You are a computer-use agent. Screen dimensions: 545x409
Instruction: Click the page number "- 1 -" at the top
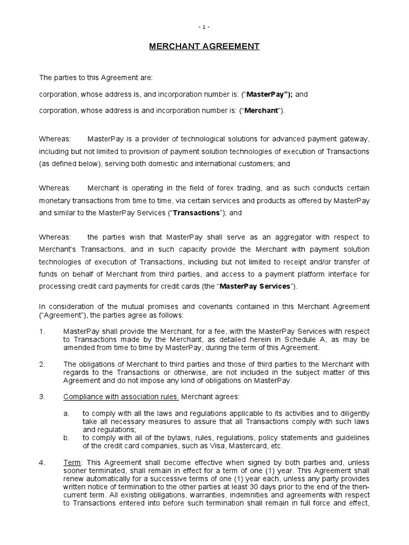pos(204,26)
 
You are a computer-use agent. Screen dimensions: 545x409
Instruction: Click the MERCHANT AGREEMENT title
pos(204,47)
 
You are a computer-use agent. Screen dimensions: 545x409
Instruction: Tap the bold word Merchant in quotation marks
pos(261,111)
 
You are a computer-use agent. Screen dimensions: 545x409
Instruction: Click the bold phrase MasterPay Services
pos(255,286)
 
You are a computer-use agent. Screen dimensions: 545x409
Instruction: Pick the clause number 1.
pos(42,332)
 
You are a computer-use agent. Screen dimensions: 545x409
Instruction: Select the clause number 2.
pos(42,365)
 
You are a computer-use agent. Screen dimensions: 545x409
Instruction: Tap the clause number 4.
pos(42,463)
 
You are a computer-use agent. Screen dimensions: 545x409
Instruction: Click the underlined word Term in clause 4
pos(71,463)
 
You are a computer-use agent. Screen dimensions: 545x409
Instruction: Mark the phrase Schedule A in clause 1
pos(283,340)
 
